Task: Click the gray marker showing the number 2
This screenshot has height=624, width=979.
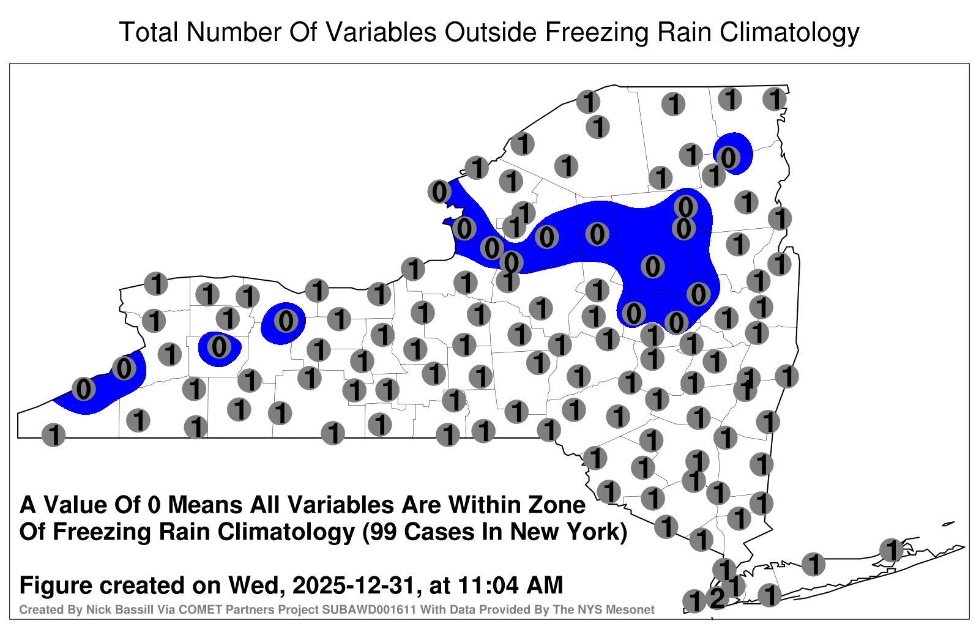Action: coord(717,598)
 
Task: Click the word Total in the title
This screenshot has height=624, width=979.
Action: coord(149,32)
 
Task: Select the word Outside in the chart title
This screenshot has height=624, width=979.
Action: coord(490,32)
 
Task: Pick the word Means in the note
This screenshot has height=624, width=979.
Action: coord(205,505)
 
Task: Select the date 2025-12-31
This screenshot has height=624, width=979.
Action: coord(352,585)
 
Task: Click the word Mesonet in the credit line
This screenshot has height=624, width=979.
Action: coord(633,609)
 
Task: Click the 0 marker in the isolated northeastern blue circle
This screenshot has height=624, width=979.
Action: coord(728,158)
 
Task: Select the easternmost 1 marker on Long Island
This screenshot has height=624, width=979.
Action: coord(891,550)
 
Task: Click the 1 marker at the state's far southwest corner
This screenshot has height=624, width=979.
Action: coord(53,435)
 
